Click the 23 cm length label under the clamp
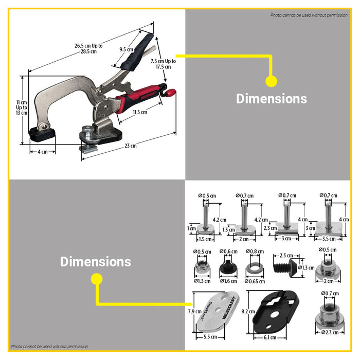click(131, 146)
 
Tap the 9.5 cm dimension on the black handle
click(126, 50)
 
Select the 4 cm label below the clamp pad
click(42, 152)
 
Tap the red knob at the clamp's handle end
click(170, 93)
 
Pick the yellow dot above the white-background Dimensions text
click(271, 81)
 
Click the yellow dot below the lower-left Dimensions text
click(96, 279)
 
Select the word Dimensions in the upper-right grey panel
click(271, 99)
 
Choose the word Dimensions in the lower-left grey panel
click(96, 262)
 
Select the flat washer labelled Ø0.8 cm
click(253, 269)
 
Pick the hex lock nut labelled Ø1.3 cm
click(202, 268)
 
